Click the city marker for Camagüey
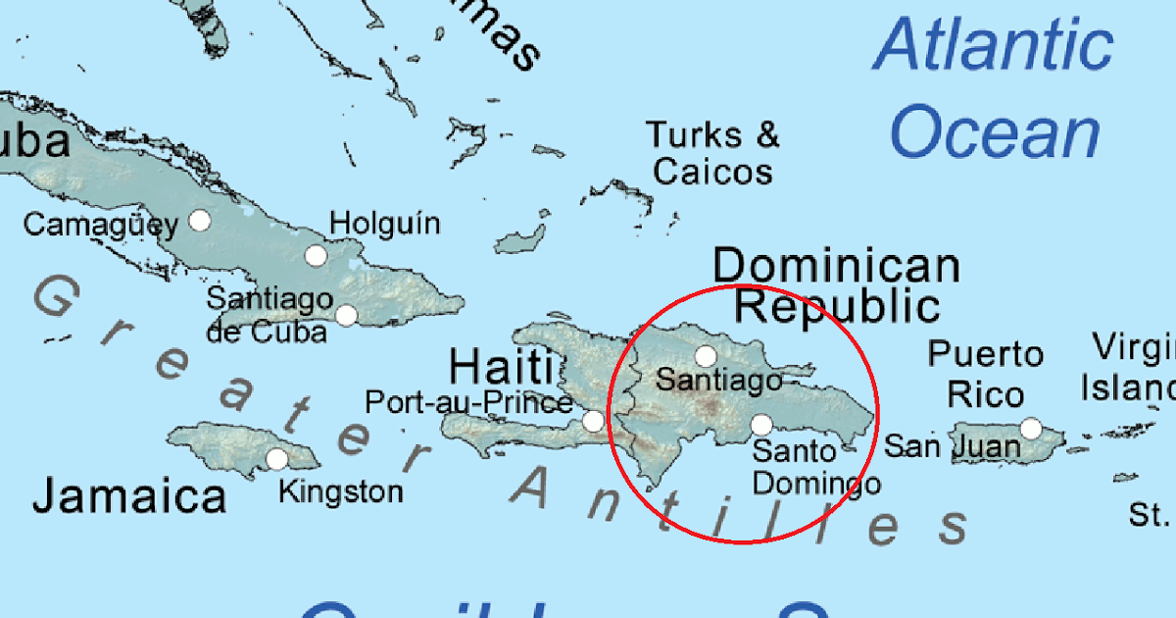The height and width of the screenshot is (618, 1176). click(200, 220)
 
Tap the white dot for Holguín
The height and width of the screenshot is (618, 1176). click(316, 256)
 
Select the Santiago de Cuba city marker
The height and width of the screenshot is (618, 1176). click(346, 315)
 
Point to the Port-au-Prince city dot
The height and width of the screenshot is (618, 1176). click(593, 421)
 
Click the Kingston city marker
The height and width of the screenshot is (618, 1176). click(277, 458)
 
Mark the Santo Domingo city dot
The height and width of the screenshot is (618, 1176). click(761, 425)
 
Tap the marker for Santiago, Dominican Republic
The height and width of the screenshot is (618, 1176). click(706, 355)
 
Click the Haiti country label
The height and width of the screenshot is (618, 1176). click(500, 369)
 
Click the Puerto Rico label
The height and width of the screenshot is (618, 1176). click(986, 374)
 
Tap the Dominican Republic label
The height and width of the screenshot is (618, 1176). click(836, 285)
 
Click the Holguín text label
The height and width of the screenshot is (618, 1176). click(385, 224)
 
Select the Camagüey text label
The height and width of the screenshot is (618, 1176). click(100, 225)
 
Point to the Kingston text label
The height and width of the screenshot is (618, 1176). click(340, 490)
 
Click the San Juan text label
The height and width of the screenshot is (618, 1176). click(952, 447)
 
